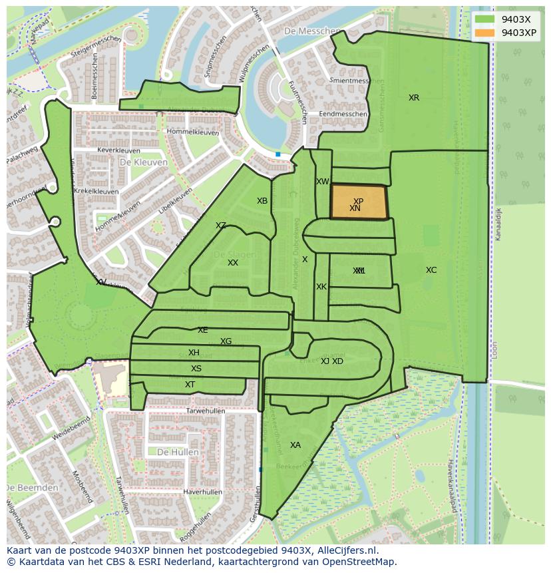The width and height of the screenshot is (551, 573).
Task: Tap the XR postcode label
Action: pyautogui.click(x=414, y=98)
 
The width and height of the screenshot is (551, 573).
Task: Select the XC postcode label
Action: pyautogui.click(x=431, y=270)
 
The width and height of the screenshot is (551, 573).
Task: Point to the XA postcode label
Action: pyautogui.click(x=295, y=445)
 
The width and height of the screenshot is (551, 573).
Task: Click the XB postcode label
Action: pyautogui.click(x=262, y=201)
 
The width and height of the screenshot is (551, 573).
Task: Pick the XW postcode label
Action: pyautogui.click(x=322, y=182)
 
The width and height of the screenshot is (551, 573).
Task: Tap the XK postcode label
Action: pyautogui.click(x=321, y=287)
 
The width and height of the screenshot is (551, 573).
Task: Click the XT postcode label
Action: pyautogui.click(x=190, y=385)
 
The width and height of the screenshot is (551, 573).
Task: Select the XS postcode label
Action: pyautogui.click(x=196, y=369)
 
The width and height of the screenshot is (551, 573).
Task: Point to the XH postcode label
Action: pyautogui.click(x=194, y=353)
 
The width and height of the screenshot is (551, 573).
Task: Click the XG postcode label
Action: pyautogui.click(x=226, y=341)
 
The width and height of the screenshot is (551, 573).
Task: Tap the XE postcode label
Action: pyautogui.click(x=203, y=330)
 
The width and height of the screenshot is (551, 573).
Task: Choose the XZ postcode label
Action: pyautogui.click(x=221, y=226)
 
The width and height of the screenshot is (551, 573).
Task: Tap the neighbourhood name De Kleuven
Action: pyautogui.click(x=143, y=162)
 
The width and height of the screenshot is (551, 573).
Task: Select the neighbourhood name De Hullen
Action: pyautogui.click(x=178, y=452)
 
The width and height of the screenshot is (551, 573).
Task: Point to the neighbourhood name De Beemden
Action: pyautogui.click(x=32, y=488)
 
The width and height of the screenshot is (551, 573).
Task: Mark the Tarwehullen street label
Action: pyautogui.click(x=206, y=411)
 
